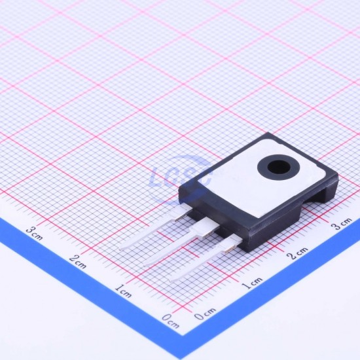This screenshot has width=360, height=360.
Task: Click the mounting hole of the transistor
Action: (x=279, y=167)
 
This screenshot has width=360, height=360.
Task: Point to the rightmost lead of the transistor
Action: (x=207, y=259)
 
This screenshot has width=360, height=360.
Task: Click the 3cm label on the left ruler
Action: (x=34, y=232)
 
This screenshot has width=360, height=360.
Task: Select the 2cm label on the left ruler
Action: (x=78, y=261)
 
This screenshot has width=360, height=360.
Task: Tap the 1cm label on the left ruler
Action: (x=123, y=291)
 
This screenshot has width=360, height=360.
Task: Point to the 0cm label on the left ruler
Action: (x=170, y=321)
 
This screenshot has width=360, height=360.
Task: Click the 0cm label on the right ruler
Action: (x=205, y=314)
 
